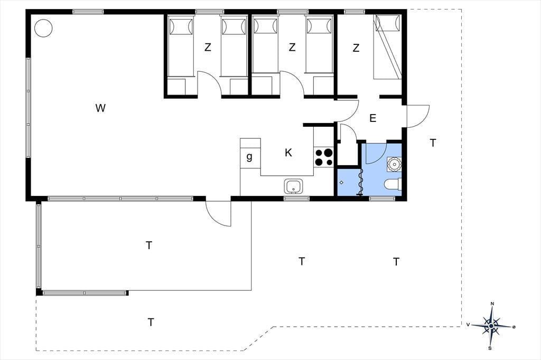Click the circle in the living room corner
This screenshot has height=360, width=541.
coord(43,28)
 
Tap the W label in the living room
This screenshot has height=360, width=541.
coord(100,108)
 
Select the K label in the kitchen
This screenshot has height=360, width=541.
coord(288,153)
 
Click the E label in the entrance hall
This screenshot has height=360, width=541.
coord(372,118)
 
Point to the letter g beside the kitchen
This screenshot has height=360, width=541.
coord(249,157)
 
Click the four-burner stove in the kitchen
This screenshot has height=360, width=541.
coord(324,157)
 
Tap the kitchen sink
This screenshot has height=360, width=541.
coord(294,186)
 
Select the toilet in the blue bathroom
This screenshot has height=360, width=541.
coord(393,184)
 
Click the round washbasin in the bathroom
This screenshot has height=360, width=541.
coord(394,164)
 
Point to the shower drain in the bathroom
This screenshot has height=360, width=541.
coord(341,183)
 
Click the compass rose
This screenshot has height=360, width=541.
coord(491,326)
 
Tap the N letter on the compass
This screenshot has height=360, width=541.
coord(492,304)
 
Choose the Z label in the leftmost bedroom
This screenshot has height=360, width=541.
coord(207,47)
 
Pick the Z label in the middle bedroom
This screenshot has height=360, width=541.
coord(292,47)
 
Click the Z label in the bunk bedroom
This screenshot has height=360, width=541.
coord(356,48)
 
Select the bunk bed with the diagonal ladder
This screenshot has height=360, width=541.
coord(387,47)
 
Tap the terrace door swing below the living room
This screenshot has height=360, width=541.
coord(218,214)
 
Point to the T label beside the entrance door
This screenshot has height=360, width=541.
coord(433,143)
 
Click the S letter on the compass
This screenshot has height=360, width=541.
coord(490,348)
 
